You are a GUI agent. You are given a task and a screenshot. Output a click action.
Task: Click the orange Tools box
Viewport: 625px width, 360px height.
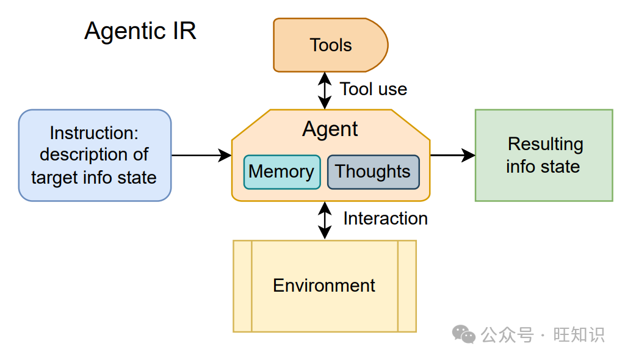coord(330,45)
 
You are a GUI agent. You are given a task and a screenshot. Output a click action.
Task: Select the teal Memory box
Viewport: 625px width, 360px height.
coord(282,172)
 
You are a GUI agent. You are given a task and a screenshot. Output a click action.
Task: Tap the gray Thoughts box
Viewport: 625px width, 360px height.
coord(373,172)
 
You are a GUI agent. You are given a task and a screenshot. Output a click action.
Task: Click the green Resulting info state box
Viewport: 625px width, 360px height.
coord(544,155)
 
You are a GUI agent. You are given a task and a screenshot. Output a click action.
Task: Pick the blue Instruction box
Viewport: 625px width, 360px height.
coord(95,155)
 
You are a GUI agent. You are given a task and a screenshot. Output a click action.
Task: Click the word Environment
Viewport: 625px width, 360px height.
coord(324,286)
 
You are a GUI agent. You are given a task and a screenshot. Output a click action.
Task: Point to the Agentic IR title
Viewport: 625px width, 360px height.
coord(140,31)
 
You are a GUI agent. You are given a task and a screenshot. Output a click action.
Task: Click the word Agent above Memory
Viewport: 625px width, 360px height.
coord(330,129)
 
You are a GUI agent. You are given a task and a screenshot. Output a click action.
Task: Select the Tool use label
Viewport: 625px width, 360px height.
coord(374,89)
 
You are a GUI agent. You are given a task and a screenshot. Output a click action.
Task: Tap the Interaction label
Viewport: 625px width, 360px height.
coord(386,218)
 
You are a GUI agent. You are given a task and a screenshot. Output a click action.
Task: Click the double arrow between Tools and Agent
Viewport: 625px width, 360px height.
coord(325,90)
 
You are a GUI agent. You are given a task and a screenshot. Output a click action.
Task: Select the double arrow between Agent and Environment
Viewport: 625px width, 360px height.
coord(325,220)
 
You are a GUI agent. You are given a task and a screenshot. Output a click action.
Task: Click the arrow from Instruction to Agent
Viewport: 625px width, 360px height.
coord(201,155)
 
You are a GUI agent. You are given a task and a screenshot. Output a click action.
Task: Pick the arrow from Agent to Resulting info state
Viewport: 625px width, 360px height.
coord(453,155)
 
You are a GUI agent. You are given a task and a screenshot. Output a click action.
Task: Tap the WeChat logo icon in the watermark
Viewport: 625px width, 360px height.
coord(464,334)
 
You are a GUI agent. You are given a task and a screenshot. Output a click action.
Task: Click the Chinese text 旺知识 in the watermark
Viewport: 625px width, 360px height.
coord(579,334)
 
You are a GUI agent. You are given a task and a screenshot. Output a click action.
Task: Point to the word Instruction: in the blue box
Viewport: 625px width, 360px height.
coord(94,133)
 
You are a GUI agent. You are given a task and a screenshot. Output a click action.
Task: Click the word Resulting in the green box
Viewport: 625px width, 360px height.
coord(545,145)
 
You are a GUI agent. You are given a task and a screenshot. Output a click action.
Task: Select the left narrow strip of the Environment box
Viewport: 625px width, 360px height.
coord(243,286)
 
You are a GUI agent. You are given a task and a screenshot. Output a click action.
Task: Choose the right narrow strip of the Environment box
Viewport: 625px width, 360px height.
coord(407,286)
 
